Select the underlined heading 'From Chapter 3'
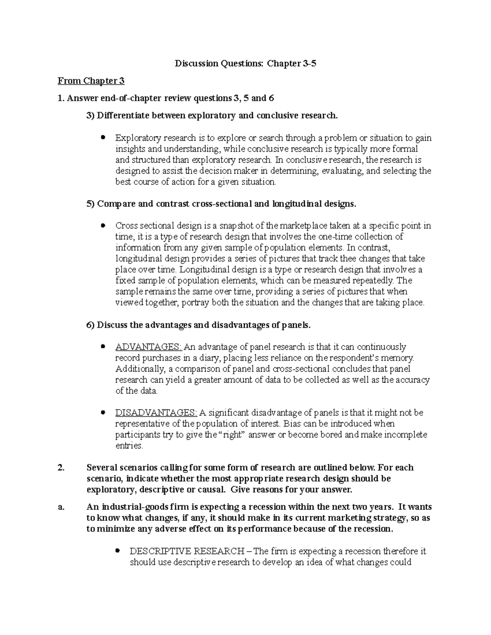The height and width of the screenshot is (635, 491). (x=91, y=81)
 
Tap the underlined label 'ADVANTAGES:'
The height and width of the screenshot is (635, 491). (x=149, y=347)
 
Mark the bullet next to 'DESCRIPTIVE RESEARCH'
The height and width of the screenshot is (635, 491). (x=117, y=551)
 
